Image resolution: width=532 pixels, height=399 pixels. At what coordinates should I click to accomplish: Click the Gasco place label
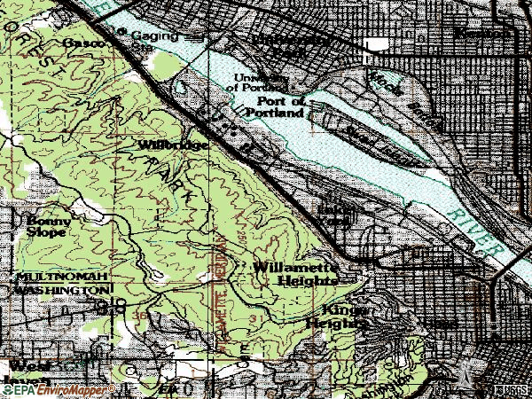[79, 43]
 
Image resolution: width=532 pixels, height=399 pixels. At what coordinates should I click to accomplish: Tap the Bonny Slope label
[46, 227]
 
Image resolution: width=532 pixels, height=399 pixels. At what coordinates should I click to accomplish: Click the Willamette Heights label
[295, 272]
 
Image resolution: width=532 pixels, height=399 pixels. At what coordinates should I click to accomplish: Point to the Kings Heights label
[336, 317]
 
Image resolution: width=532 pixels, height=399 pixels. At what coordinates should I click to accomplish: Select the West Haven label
[27, 373]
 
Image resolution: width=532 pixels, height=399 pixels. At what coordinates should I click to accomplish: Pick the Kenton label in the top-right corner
[478, 33]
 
